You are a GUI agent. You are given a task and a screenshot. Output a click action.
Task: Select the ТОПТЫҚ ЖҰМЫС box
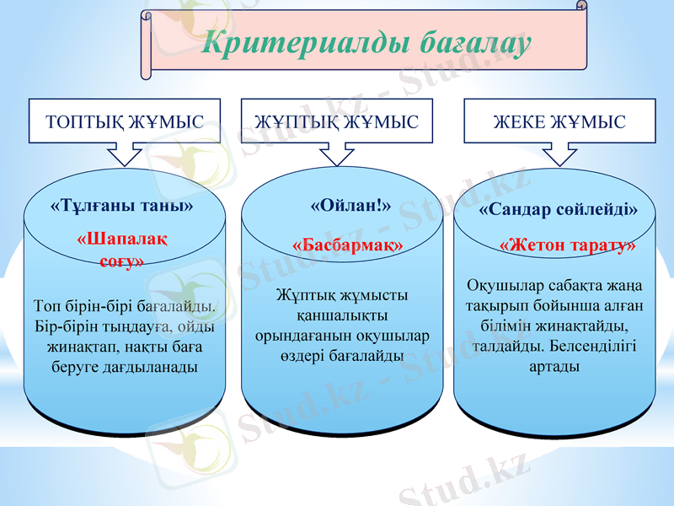click(125, 122)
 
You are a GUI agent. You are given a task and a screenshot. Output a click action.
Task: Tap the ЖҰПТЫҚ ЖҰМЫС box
click(336, 122)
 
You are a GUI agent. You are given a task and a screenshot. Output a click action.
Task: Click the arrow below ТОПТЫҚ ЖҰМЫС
click(125, 154)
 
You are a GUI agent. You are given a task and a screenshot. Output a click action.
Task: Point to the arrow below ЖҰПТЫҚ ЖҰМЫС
click(336, 154)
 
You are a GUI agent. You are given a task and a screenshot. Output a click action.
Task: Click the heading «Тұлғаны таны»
click(123, 205)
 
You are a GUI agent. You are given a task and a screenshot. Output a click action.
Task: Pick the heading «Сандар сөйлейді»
click(559, 208)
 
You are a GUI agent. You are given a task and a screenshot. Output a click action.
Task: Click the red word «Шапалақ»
click(121, 239)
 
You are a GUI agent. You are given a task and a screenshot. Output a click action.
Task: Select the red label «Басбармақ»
click(348, 244)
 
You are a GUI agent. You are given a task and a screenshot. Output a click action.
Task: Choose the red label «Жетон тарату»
click(567, 245)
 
